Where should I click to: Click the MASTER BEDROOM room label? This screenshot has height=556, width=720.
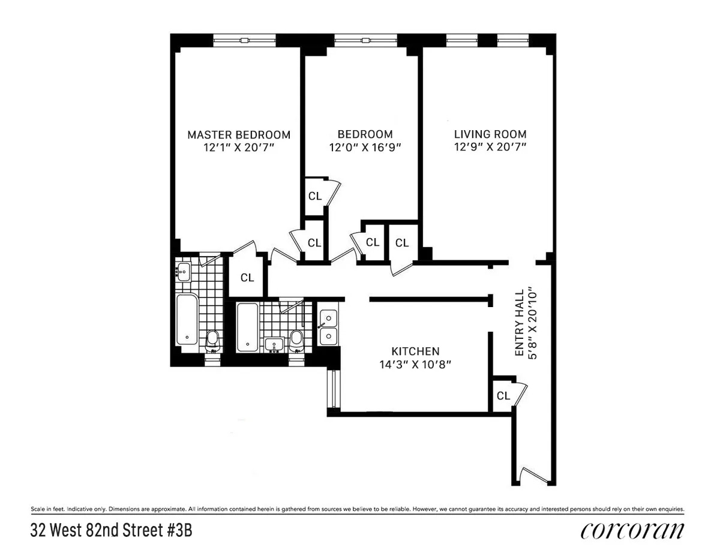pyautogui.click(x=238, y=134)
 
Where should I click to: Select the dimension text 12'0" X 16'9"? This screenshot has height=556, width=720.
pyautogui.click(x=365, y=147)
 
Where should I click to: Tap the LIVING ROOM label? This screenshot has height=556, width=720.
pyautogui.click(x=490, y=134)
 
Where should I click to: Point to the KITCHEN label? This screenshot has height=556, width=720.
pyautogui.click(x=415, y=351)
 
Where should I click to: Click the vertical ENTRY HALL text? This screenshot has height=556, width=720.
pyautogui.click(x=520, y=324)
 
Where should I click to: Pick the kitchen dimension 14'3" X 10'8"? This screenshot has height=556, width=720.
pyautogui.click(x=415, y=364)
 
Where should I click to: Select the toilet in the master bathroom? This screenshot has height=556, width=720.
pyautogui.click(x=211, y=341)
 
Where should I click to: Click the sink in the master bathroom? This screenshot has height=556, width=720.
pyautogui.click(x=184, y=271)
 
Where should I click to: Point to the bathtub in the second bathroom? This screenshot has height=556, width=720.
pyautogui.click(x=247, y=327)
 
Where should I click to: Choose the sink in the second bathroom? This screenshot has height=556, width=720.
pyautogui.click(x=274, y=345)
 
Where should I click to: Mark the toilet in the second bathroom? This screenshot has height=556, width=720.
pyautogui.click(x=296, y=340)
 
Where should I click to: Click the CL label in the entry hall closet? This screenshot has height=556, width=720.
pyautogui.click(x=503, y=396)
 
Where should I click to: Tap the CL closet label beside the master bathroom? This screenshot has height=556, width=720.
pyautogui.click(x=247, y=278)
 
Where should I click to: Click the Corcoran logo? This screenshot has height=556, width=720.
pyautogui.click(x=632, y=531)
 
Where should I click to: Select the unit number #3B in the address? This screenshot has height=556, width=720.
pyautogui.click(x=178, y=531)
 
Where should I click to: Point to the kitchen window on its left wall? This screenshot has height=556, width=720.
pyautogui.click(x=331, y=390)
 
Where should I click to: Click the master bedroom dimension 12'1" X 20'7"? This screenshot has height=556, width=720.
pyautogui.click(x=238, y=147)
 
